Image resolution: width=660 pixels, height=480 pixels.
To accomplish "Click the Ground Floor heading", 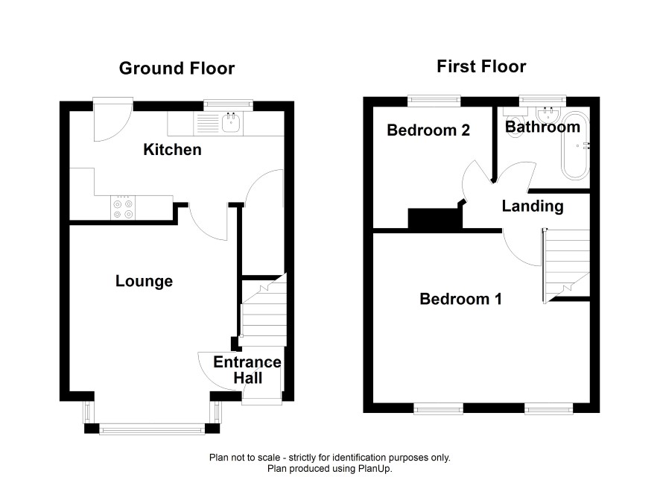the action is click(x=177, y=69).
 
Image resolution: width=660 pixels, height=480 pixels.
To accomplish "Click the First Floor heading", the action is click(x=481, y=66).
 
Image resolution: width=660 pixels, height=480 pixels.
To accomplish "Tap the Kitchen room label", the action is click(x=172, y=150).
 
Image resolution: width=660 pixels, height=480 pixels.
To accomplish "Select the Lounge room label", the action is click(x=144, y=281).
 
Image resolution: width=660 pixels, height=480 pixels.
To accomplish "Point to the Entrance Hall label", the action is click(x=247, y=370).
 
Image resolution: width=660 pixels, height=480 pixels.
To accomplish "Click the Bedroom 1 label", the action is click(x=460, y=299).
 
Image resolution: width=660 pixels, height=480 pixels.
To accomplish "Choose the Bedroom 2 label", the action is click(x=428, y=130).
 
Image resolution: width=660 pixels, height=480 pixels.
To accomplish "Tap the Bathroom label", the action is click(x=542, y=127).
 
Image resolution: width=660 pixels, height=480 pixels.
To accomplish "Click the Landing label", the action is click(x=533, y=206).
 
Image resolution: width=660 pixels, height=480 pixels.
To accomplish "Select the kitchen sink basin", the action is click(x=231, y=122).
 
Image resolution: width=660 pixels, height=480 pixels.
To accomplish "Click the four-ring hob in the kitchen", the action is click(x=123, y=208).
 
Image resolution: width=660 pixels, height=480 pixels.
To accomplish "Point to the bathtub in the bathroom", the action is click(x=575, y=145).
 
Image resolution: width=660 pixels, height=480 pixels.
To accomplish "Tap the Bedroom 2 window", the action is click(x=434, y=100).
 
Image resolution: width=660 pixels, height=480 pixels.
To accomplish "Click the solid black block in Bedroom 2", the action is click(x=436, y=218).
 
